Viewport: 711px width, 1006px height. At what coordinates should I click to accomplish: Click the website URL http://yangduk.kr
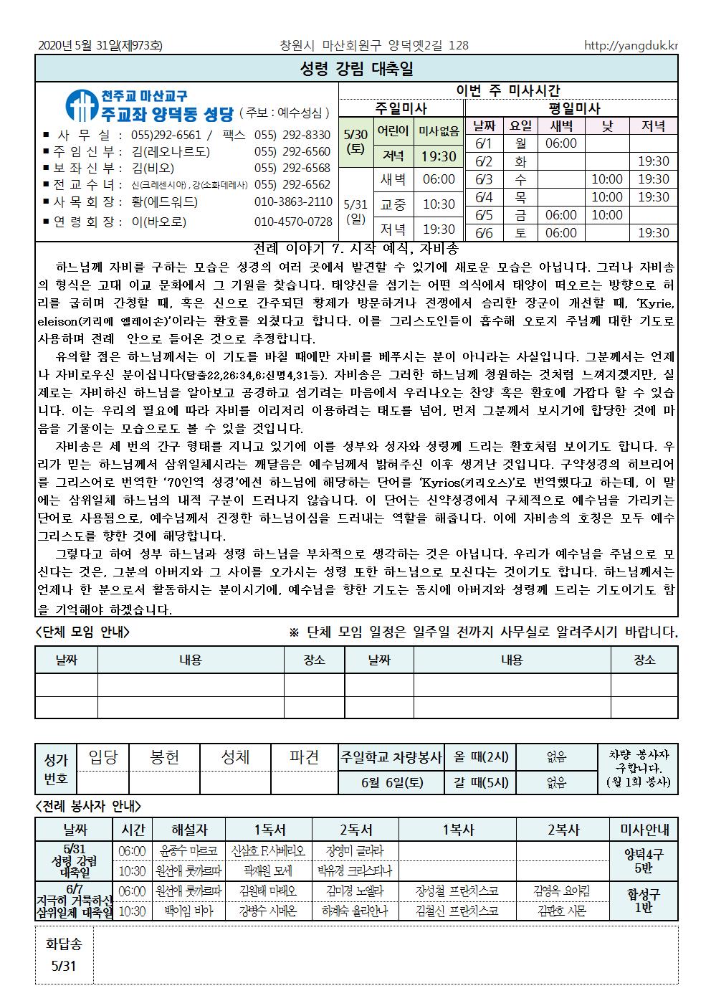point(631,46)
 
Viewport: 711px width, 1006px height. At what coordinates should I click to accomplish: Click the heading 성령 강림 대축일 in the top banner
point(355,69)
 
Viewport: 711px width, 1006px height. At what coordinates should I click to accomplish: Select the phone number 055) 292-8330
point(292,135)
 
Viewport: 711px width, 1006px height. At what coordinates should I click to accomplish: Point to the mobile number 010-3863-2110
point(293,202)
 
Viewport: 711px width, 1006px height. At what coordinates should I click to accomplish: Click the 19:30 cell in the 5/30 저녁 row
point(438,156)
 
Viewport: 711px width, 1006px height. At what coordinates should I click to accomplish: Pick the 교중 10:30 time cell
point(438,204)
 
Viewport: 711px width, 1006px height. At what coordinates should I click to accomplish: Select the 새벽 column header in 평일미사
point(561,126)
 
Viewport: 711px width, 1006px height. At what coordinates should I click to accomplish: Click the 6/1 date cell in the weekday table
point(484,143)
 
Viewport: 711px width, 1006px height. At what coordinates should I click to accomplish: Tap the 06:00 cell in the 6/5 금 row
point(561,215)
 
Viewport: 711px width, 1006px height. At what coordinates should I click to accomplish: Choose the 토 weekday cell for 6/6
point(520,232)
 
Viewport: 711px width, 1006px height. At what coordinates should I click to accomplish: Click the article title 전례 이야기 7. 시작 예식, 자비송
point(355,250)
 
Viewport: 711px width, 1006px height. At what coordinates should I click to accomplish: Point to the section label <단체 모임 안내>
point(83,632)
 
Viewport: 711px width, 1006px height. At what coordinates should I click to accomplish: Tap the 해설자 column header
point(188,830)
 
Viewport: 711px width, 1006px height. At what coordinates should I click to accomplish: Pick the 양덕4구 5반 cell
point(644,860)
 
